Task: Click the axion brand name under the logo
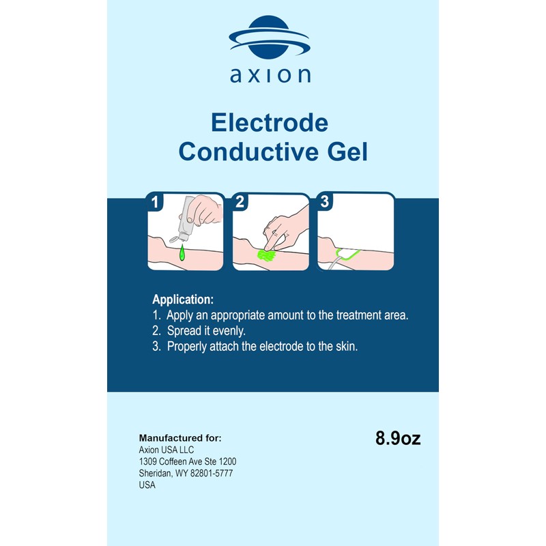pyautogui.click(x=270, y=74)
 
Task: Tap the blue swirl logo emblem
pyautogui.click(x=270, y=38)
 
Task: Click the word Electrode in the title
pyautogui.click(x=270, y=123)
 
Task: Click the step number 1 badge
pyautogui.click(x=156, y=202)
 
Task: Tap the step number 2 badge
pyautogui.click(x=240, y=202)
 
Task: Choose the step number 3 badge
pyautogui.click(x=325, y=202)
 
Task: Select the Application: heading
pyautogui.click(x=183, y=300)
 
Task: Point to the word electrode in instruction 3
pyautogui.click(x=272, y=346)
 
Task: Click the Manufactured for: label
pyautogui.click(x=180, y=437)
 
